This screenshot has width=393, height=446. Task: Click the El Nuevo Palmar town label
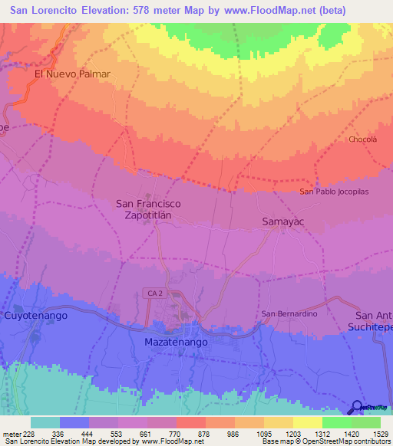coord(73,74)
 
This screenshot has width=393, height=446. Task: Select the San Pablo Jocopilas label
coord(335,191)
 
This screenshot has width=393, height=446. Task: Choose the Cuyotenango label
coord(36,315)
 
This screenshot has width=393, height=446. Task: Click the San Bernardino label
coord(289,313)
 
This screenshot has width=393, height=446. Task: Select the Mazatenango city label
coord(176,342)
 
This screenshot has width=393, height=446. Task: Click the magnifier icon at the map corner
coord(358,408)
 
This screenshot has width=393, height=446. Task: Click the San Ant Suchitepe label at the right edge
coord(373,321)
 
